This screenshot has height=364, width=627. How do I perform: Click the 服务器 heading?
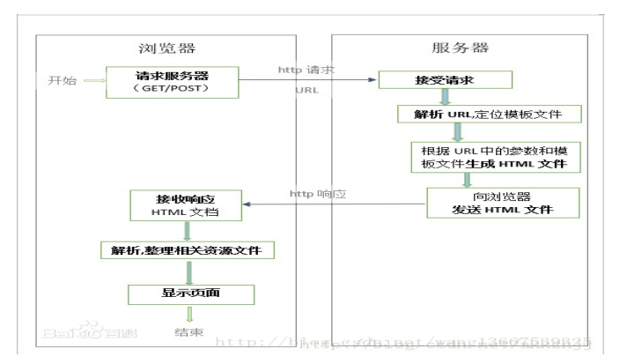[461, 47]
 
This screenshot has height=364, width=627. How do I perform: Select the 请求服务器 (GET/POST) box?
[171, 81]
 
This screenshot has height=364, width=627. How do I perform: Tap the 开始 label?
[62, 81]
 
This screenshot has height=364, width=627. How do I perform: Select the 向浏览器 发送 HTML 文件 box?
[502, 202]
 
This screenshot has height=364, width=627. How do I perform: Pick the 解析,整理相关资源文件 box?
[188, 251]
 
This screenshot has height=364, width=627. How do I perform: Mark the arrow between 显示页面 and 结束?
[187, 313]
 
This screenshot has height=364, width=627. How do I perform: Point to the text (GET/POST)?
[171, 88]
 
